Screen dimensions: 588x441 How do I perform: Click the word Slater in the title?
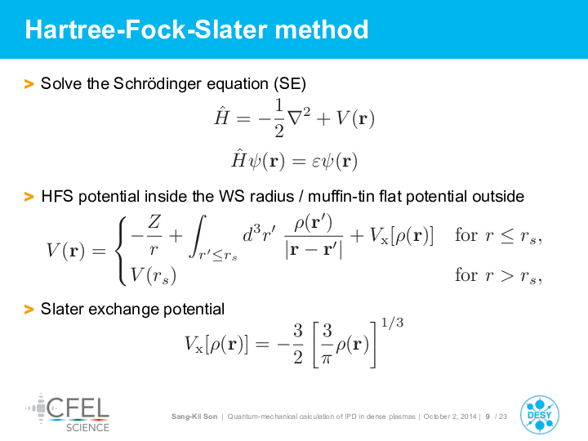[231, 29]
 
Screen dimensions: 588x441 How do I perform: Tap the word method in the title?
[322, 29]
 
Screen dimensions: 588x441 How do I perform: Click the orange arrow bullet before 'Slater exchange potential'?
[29, 310]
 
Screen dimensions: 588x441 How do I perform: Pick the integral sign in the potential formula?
[198, 236]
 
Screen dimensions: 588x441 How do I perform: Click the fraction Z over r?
[154, 235]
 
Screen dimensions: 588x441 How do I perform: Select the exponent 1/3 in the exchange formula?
[392, 323]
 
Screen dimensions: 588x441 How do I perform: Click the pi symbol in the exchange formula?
[327, 359]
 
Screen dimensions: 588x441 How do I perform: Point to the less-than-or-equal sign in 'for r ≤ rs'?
[507, 236]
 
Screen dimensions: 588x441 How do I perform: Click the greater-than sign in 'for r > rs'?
[507, 276]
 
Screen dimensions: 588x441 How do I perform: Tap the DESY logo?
[540, 415]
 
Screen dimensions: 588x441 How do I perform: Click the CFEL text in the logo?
[78, 408]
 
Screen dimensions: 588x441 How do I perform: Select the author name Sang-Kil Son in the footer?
[194, 416]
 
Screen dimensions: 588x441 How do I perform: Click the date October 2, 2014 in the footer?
[450, 416]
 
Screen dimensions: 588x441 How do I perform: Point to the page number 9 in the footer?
[488, 416]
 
